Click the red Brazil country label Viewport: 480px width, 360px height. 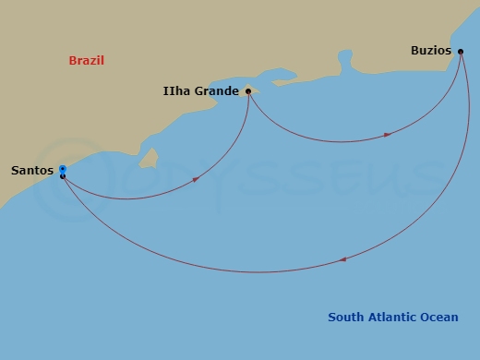tap(86, 61)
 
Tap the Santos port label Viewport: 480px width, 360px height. tap(32, 171)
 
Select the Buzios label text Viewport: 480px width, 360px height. tap(431, 51)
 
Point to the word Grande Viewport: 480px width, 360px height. tap(217, 91)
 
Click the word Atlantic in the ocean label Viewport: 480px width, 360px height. tap(398, 318)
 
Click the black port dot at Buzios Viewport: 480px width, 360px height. tap(460, 52)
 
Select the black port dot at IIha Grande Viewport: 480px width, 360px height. tap(248, 91)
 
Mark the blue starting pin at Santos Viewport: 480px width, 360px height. tap(62, 169)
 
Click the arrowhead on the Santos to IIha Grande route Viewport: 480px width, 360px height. tap(197, 179)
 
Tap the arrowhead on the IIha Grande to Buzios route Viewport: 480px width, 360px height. tap(388, 135)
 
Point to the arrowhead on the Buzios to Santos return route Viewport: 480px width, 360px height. tap(342, 259)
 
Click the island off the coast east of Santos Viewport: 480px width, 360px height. tap(148, 161)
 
